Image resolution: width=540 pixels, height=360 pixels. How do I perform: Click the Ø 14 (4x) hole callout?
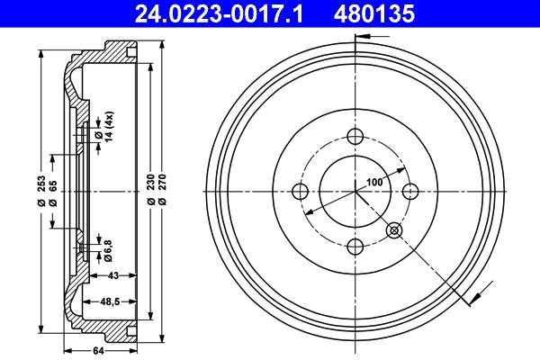[x=107, y=129]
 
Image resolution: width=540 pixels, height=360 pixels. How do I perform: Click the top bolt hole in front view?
[x=355, y=137]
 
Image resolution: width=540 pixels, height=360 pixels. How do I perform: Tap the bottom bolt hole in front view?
[x=355, y=247]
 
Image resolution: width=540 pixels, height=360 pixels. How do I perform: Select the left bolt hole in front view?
[x=300, y=192]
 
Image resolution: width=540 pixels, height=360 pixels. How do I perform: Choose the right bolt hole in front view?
[x=409, y=192]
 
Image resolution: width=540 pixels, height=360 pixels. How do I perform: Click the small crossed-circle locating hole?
[x=393, y=230]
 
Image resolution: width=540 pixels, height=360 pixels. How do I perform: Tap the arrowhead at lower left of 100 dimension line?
[x=309, y=211]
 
